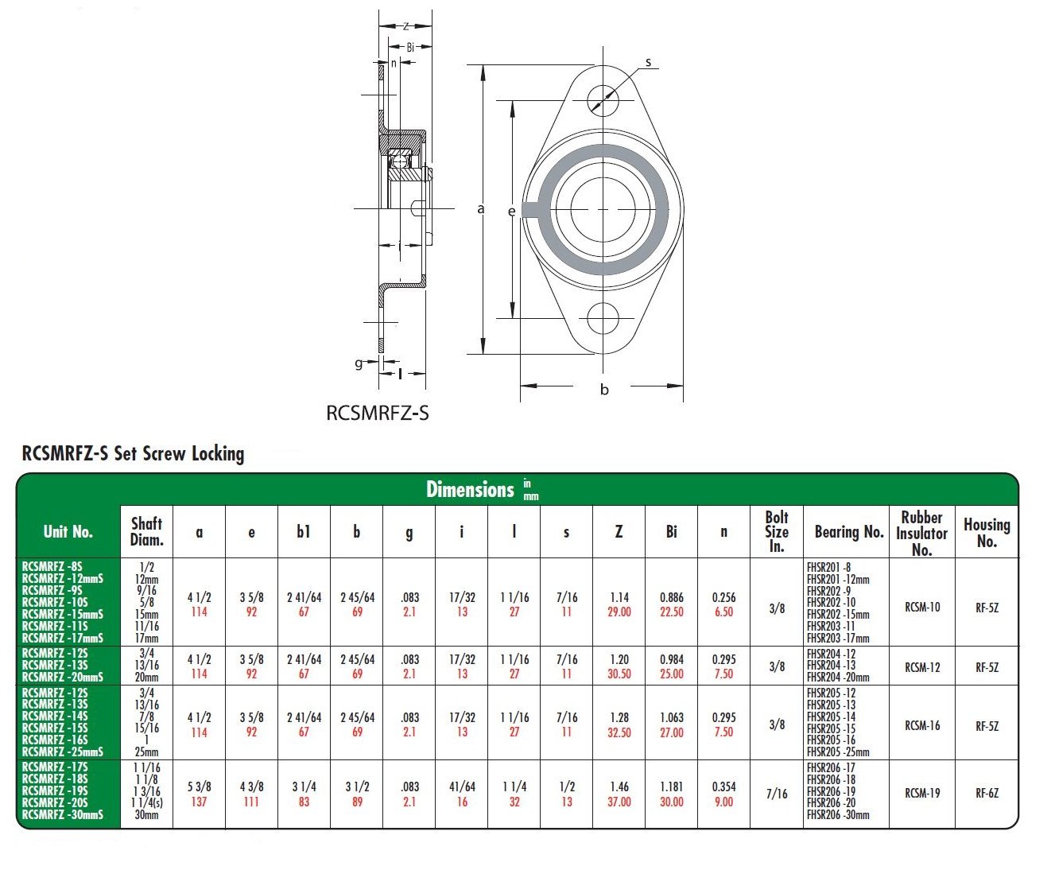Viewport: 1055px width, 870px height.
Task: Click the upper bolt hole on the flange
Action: pyautogui.click(x=603, y=100)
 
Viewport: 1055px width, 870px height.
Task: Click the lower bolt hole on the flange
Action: pyautogui.click(x=603, y=318)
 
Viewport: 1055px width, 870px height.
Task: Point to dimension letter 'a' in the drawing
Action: pyautogui.click(x=480, y=209)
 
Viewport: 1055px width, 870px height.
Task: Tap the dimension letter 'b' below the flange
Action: pyautogui.click(x=604, y=390)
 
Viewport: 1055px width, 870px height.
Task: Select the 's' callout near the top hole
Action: pyautogui.click(x=648, y=62)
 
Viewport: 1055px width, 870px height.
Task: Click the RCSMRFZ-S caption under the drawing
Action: pyautogui.click(x=378, y=413)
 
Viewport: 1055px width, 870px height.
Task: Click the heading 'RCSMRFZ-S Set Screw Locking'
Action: pyautogui.click(x=133, y=454)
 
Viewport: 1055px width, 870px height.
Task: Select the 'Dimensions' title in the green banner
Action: pyautogui.click(x=471, y=489)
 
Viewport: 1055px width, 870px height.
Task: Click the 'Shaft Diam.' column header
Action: pyautogui.click(x=146, y=531)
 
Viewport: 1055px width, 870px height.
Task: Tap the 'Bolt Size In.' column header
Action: pyautogui.click(x=776, y=531)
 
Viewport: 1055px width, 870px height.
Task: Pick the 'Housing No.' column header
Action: pyautogui.click(x=987, y=532)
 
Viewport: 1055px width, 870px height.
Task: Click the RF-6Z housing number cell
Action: pyautogui.click(x=987, y=794)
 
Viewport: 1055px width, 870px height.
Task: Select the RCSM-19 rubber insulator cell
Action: pyautogui.click(x=922, y=794)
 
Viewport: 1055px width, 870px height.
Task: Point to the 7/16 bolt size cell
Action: pyautogui.click(x=776, y=794)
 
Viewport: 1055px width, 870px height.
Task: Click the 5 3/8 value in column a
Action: pyautogui.click(x=199, y=786)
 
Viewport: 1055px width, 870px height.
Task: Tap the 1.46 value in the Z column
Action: pyautogui.click(x=619, y=786)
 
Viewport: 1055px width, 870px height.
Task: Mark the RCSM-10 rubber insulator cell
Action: pyautogui.click(x=922, y=608)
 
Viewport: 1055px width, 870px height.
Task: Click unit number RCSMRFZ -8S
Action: pyautogui.click(x=52, y=567)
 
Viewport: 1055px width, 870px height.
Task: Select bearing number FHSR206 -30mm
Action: pyautogui.click(x=837, y=815)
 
